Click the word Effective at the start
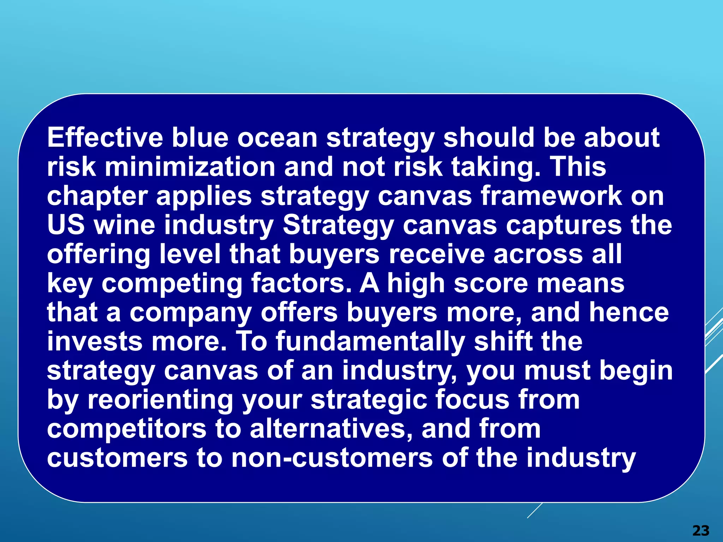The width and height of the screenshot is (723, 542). pyautogui.click(x=105, y=138)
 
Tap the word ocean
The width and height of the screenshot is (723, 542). pyautogui.click(x=277, y=138)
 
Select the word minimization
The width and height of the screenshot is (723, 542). pyautogui.click(x=190, y=167)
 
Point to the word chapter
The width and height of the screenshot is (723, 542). pyautogui.click(x=97, y=196)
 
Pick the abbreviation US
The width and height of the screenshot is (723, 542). pyautogui.click(x=66, y=225)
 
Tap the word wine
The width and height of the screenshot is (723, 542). pyautogui.click(x=125, y=225)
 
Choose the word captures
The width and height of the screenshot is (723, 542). pyautogui.click(x=564, y=226)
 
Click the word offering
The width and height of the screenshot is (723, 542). pyautogui.click(x=99, y=255)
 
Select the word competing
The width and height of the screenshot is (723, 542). pyautogui.click(x=172, y=284)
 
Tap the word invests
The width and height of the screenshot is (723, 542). pyautogui.click(x=95, y=342)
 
